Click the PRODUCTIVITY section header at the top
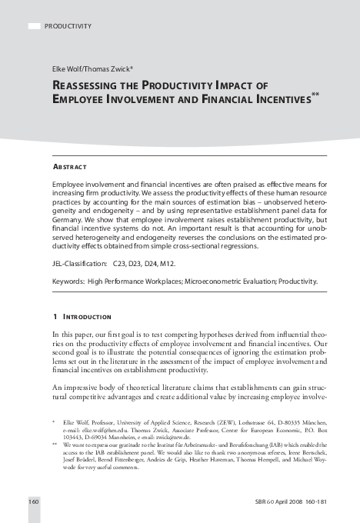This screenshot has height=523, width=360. click(x=68, y=26)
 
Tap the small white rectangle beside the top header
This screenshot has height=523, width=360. click(x=34, y=26)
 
